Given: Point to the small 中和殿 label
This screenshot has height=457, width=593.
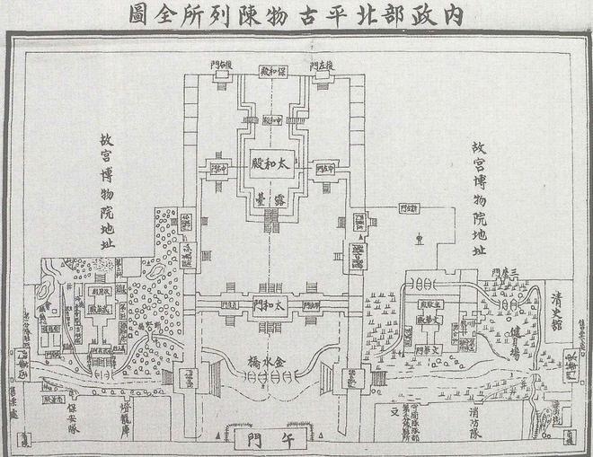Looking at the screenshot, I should pos(271,118).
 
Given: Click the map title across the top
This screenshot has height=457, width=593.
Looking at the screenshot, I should pos(296,15).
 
